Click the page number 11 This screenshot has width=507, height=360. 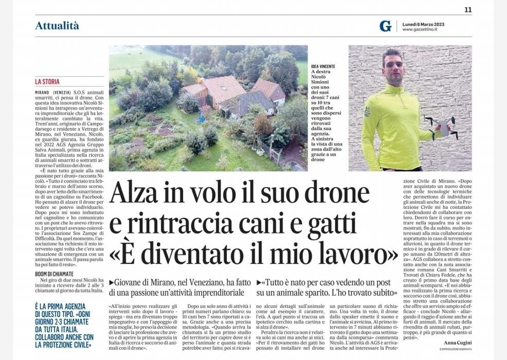[468, 10]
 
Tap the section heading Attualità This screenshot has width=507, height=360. [57, 26]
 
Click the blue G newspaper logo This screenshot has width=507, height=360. [385, 26]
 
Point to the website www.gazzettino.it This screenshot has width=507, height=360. [420, 29]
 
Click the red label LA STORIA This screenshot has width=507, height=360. [47, 82]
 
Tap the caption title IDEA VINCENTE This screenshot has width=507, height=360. [323, 66]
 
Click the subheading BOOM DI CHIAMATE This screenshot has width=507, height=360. [55, 274]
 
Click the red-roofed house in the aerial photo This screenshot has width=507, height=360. [222, 88]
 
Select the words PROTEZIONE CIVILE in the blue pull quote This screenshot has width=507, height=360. [64, 345]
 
